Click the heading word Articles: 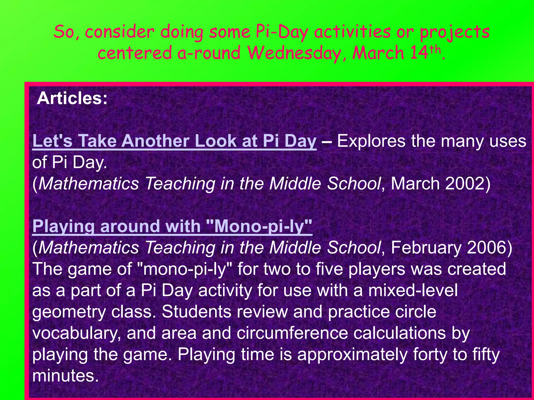72,98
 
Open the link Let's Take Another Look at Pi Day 174,141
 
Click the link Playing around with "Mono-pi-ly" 172,226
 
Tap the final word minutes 65,376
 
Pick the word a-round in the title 209,53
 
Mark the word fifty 486,355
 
